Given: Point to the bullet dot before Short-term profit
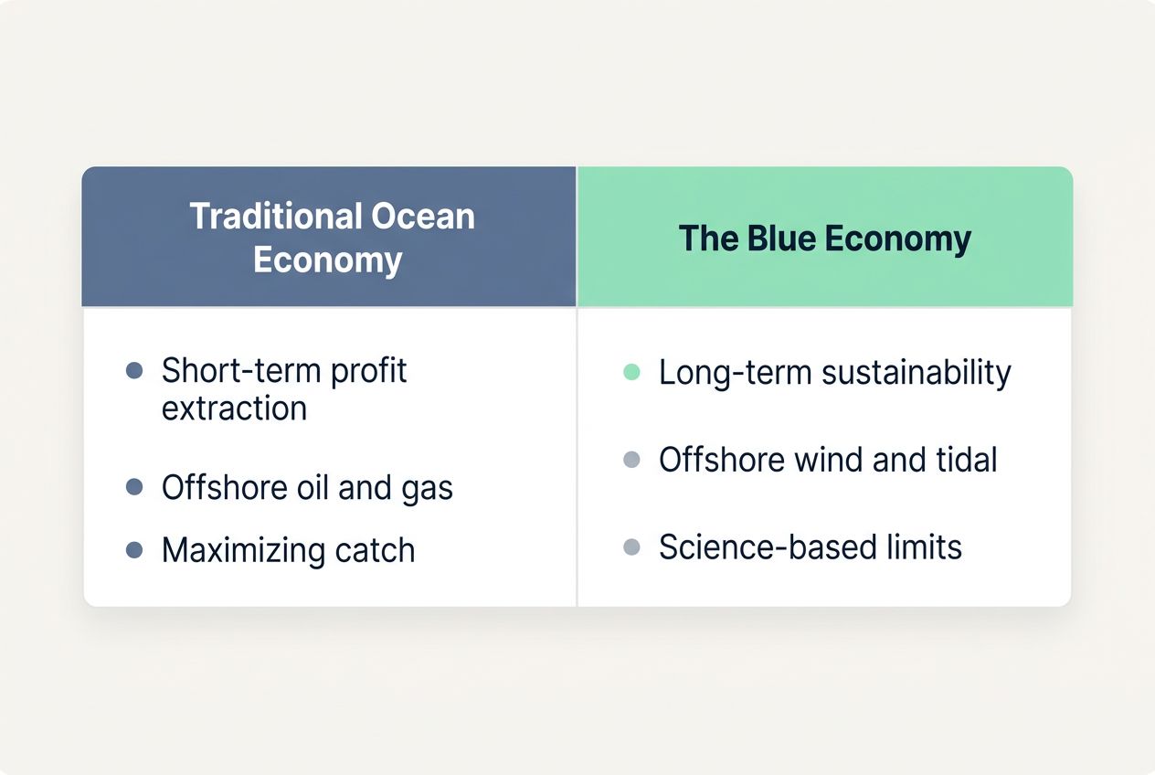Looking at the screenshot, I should (134, 371).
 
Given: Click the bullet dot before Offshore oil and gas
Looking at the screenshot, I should (134, 487).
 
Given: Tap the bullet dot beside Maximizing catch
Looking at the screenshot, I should (134, 550).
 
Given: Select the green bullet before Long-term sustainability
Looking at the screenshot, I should (631, 372).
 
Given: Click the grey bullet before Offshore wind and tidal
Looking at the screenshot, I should (631, 460).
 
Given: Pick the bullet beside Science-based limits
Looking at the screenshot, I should (631, 547).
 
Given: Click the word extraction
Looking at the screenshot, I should (234, 408).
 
